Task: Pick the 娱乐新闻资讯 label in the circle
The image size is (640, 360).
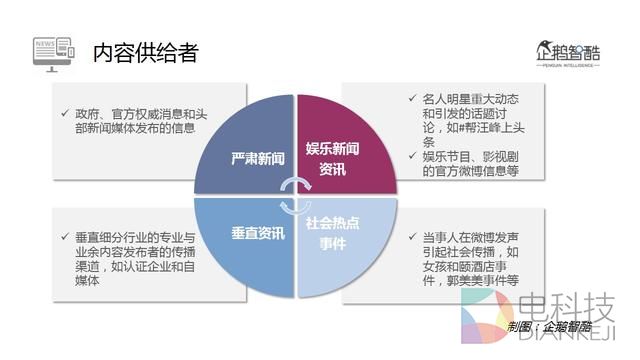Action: [x=332, y=159]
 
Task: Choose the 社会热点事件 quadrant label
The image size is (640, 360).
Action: [x=332, y=232]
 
